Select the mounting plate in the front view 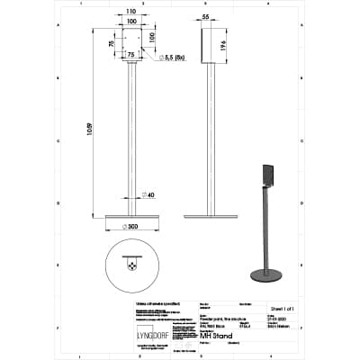click(132, 45)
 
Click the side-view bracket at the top click(213, 45)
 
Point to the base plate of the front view click(132, 217)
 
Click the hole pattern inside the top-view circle click(132, 266)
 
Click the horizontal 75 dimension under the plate click(131, 55)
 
